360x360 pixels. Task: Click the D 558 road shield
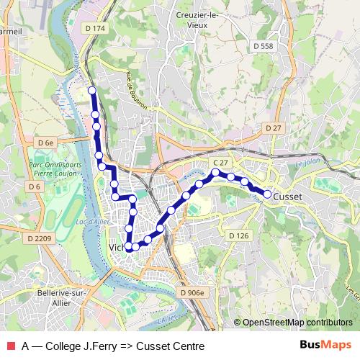264,46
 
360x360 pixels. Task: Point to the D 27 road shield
273,127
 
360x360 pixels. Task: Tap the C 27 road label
220,163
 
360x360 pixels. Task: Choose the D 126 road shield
238,235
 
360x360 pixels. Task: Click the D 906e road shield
192,293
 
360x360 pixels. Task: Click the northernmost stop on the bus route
91,90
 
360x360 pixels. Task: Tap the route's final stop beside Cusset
267,194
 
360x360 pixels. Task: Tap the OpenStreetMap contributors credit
297,323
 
